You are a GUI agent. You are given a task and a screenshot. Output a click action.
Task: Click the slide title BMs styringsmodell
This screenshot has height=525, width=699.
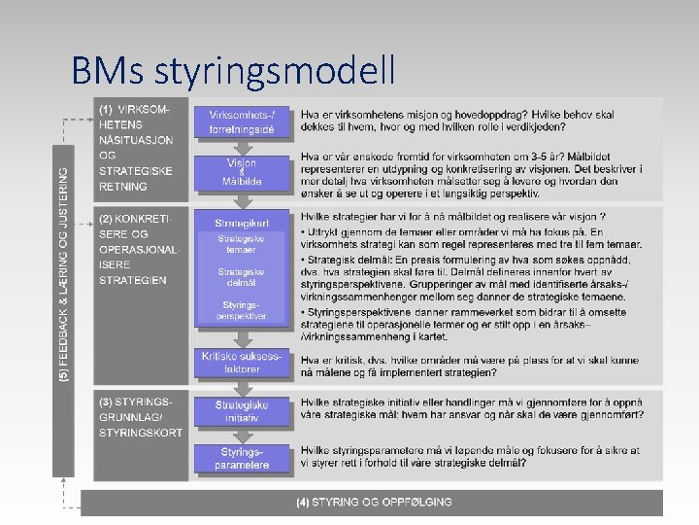(x=233, y=70)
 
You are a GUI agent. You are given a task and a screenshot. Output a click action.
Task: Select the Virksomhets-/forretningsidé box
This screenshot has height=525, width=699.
(x=243, y=122)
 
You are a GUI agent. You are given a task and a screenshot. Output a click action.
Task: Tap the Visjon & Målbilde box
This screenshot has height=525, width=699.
(x=243, y=172)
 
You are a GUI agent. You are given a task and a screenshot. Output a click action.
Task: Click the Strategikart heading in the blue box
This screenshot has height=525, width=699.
(x=243, y=224)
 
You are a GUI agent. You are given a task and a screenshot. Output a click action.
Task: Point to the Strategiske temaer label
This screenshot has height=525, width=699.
(x=243, y=244)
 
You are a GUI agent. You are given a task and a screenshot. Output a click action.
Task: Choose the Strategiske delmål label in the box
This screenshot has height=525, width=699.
(x=243, y=278)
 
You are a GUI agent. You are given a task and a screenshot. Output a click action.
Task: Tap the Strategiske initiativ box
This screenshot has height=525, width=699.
(x=243, y=411)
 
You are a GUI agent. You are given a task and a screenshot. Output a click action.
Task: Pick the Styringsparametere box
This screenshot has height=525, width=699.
(x=243, y=459)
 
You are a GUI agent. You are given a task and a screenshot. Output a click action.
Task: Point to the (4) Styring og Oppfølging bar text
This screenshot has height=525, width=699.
(x=374, y=502)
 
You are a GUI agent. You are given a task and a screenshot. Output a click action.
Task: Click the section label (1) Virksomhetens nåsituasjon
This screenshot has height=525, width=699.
(x=136, y=148)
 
